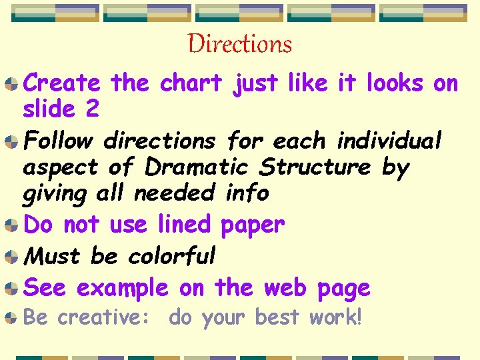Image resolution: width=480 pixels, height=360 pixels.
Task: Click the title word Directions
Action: click(x=240, y=45)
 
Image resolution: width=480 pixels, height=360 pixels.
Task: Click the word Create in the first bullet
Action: click(x=62, y=84)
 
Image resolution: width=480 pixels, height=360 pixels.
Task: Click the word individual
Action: click(x=389, y=141)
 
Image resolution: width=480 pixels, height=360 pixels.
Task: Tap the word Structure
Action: click(x=315, y=167)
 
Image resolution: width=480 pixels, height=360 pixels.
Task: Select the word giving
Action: click(x=55, y=194)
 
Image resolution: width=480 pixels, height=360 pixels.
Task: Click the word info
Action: click(x=247, y=193)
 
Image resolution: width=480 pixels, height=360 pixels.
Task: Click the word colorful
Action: click(x=172, y=256)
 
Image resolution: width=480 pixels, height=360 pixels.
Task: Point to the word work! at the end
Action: click(x=335, y=317)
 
